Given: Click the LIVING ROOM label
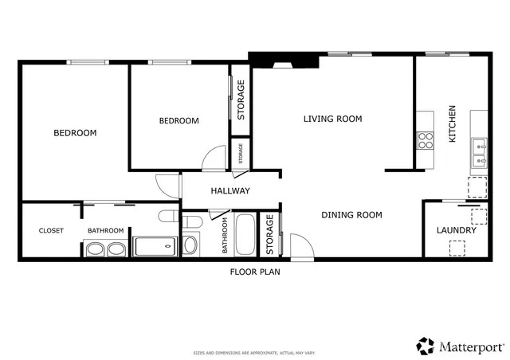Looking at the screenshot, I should tap(332, 119).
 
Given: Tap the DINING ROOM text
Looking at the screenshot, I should tap(351, 214).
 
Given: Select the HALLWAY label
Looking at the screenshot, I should tap(230, 191).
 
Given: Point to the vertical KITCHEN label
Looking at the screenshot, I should tap(452, 124).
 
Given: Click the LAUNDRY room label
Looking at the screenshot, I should tap(457, 231).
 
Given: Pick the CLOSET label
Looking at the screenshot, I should tap(51, 231).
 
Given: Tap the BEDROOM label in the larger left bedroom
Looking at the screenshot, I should tap(75, 133).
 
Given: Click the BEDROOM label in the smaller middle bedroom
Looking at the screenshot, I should tap(178, 121).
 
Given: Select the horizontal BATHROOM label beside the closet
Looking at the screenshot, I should tap(106, 231).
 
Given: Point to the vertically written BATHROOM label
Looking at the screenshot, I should tap(226, 236).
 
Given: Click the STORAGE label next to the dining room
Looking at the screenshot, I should tap(269, 236).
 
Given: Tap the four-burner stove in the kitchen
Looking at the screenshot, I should tap(425, 141).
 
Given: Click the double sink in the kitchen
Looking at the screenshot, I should tap(479, 153).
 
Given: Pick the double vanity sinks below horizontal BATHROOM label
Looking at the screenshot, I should tap(105, 249).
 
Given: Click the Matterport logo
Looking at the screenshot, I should tap(460, 346).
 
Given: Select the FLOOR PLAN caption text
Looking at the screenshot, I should tap(255, 272).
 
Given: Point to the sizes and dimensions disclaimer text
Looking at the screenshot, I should tap(255, 352).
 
